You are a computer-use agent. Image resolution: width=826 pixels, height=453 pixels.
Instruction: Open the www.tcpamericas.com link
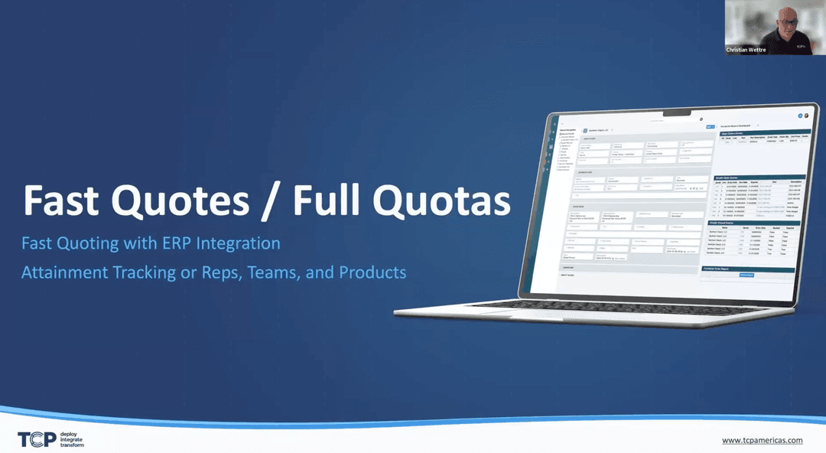point(762,440)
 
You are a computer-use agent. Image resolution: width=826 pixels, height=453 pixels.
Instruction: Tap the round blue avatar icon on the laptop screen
point(800,116)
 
